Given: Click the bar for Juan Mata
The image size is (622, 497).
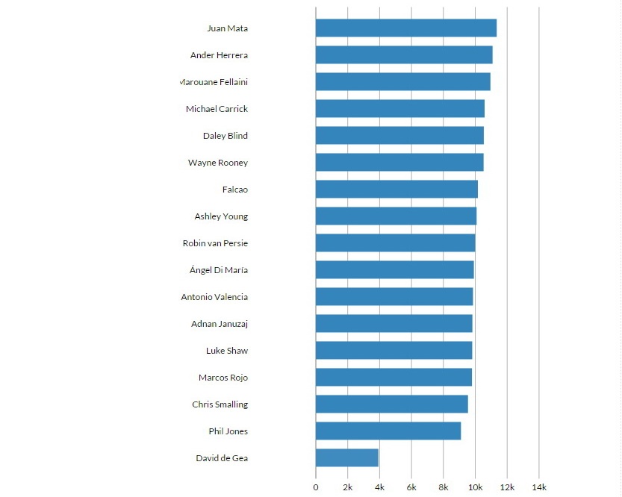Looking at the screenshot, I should pos(405,28).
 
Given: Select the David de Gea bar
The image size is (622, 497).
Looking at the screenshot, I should pos(346,458).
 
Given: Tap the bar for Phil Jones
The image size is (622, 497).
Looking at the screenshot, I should pos(388,431).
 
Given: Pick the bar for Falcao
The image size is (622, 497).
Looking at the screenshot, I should pos(396,190).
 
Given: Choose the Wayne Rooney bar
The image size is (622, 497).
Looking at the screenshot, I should pos(399,163).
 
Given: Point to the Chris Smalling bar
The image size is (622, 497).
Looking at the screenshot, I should pos(391,404).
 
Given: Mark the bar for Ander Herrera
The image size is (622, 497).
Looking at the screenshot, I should pos(404,55).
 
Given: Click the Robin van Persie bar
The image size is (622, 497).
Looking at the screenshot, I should pos(395,243).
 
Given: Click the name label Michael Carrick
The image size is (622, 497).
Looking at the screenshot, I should pos(217,109).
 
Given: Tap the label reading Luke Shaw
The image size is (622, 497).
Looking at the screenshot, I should pos(227,351).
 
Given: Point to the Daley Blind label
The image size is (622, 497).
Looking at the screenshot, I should pos(226,136).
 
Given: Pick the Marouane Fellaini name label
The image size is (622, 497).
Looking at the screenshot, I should pos(214,82).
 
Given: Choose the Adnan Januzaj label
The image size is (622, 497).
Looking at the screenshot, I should pos(220,324).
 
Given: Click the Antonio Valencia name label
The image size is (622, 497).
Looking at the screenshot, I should pos(214,297).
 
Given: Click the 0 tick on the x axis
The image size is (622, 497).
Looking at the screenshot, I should pos(316,487).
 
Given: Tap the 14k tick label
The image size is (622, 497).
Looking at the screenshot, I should pos(538,487).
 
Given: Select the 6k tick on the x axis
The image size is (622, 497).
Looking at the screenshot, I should pos(411,487).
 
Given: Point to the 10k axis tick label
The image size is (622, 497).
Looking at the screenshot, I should pos(475,487).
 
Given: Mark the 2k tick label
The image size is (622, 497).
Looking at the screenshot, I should pos(348,487).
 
